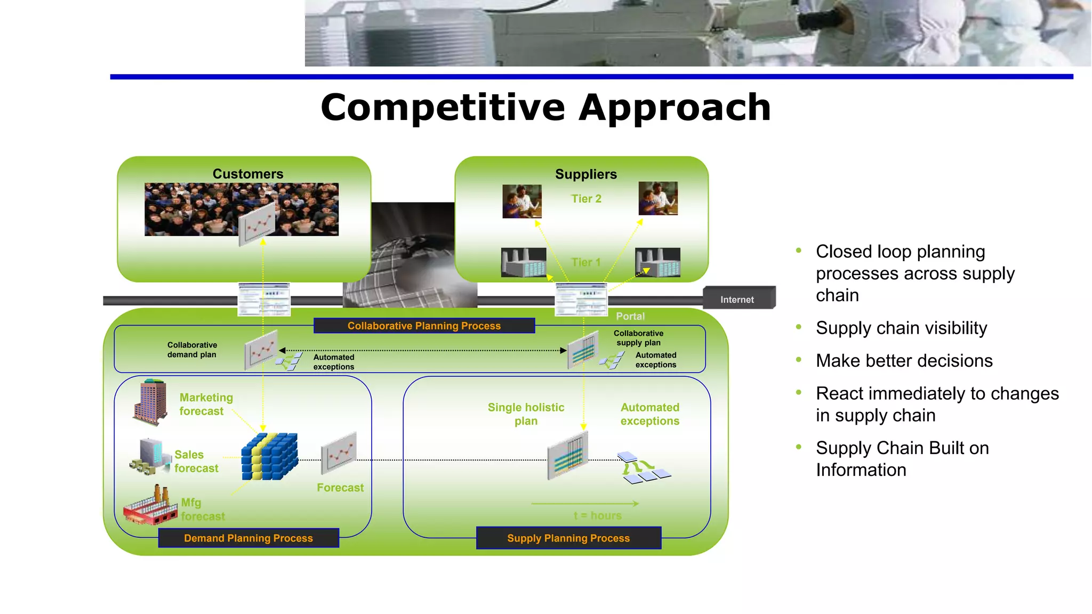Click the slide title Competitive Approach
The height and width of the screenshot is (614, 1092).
(545, 108)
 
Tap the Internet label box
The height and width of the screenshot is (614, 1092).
(738, 299)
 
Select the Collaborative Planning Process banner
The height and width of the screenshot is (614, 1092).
(424, 326)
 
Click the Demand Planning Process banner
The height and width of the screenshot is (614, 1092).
(248, 538)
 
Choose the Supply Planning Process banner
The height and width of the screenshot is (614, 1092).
(568, 538)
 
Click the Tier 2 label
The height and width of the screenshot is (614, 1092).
(586, 199)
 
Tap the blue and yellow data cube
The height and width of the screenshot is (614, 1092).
(269, 457)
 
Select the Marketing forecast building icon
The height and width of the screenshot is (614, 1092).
(151, 402)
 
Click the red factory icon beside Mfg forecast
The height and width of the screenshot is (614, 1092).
(150, 506)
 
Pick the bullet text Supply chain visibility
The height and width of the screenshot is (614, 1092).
(901, 328)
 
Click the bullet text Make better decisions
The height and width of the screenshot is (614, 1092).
(904, 361)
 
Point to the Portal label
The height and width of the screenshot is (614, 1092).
(630, 316)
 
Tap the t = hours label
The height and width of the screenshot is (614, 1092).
(597, 515)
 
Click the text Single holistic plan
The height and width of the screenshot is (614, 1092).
(526, 414)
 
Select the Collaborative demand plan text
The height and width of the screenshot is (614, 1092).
(192, 350)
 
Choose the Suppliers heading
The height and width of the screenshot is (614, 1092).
(585, 174)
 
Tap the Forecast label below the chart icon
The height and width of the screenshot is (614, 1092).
(340, 488)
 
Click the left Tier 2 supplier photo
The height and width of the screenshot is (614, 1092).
(522, 201)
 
